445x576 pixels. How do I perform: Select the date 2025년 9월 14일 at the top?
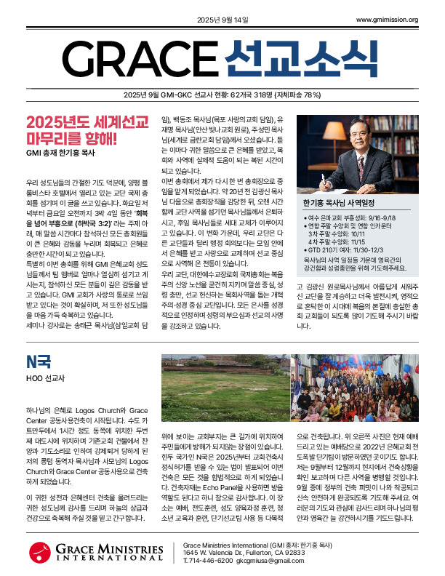tap(222, 20)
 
